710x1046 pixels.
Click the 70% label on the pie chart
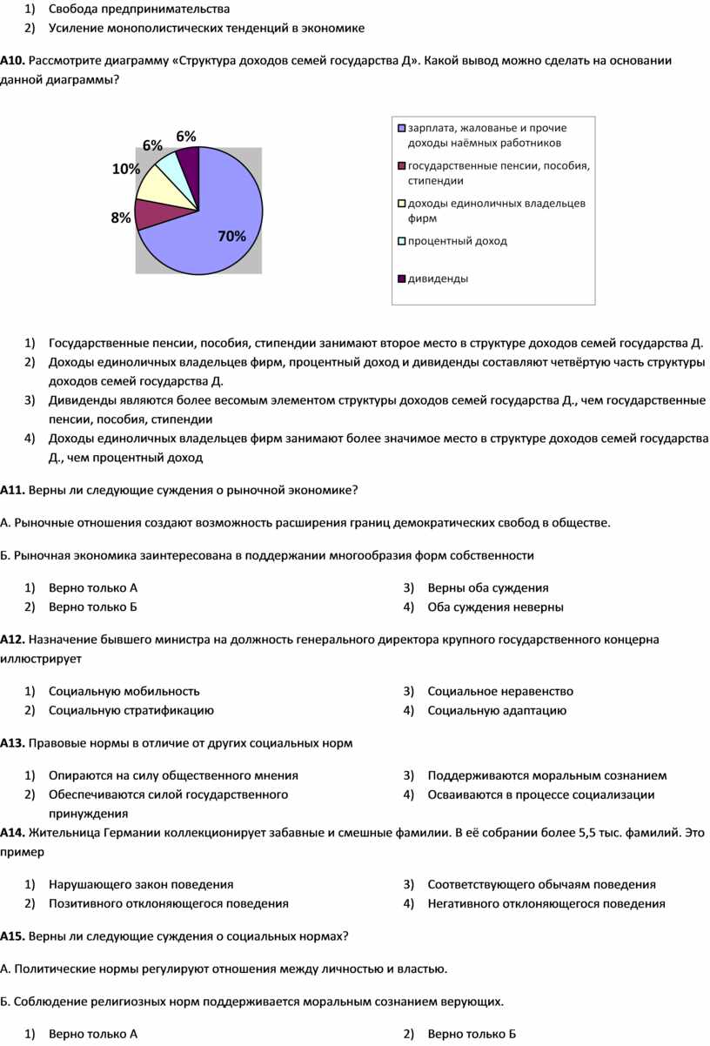point(232,236)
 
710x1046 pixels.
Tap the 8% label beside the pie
point(121,218)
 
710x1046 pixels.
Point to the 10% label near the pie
point(126,170)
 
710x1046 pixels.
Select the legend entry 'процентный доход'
point(457,240)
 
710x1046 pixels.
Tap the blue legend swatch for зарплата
point(401,129)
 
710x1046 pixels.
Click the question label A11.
point(12,490)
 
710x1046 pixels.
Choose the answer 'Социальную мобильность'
point(124,691)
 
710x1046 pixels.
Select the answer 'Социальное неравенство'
point(500,691)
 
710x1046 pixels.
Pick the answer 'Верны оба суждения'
point(487,587)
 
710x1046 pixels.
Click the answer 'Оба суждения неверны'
point(495,607)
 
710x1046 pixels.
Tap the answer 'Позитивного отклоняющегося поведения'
point(169,903)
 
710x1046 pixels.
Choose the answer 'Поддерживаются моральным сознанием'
point(547,775)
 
